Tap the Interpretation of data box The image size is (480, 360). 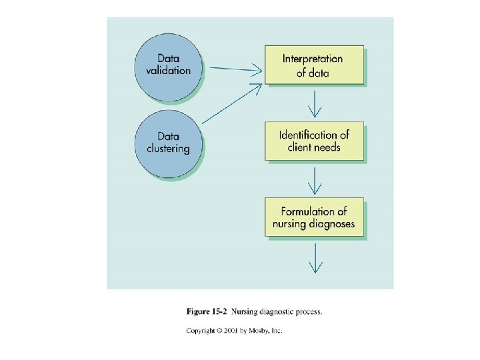(x=314, y=65)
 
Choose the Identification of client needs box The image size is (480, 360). (x=314, y=140)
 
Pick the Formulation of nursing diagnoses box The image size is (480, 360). (x=314, y=217)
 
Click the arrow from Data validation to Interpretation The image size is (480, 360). (x=233, y=67)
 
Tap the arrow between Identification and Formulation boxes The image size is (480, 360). (x=315, y=179)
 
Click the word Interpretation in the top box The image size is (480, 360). (x=313, y=58)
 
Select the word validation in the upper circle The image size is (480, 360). (x=169, y=70)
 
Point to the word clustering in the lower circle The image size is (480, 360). (x=168, y=148)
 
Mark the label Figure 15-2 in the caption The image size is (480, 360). (x=204, y=311)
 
